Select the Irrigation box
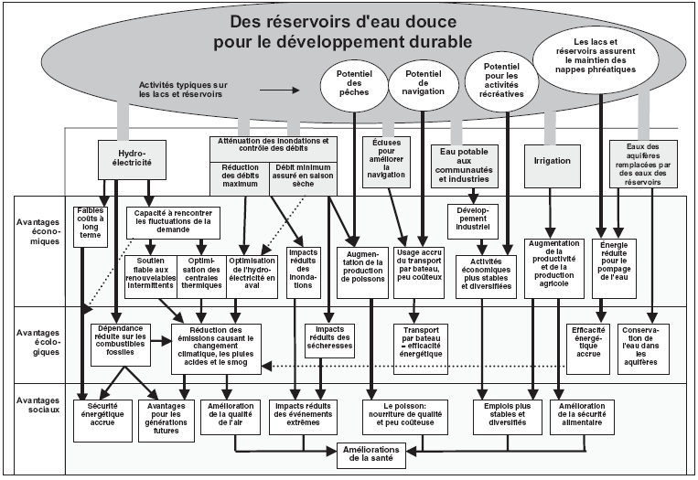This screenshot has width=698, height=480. tap(552, 160)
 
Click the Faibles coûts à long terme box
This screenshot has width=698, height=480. tap(91, 227)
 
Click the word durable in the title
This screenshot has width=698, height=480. tap(430, 40)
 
